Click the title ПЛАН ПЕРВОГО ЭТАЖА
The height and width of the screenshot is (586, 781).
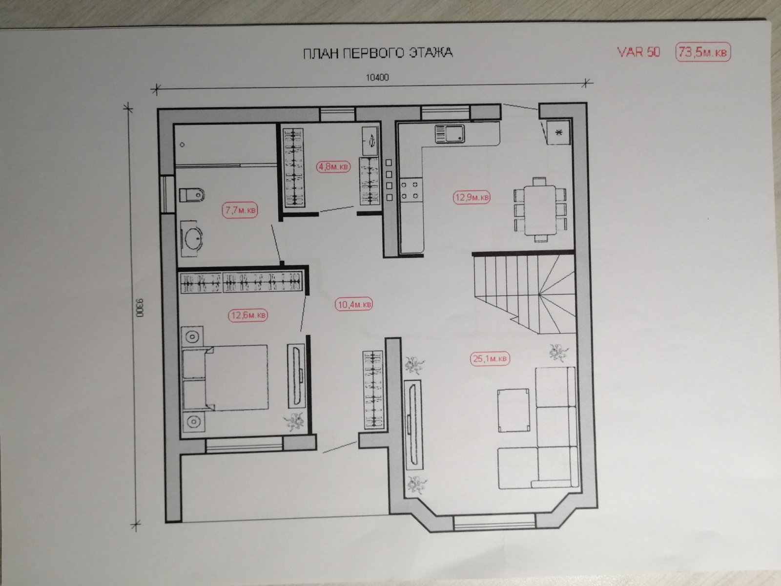click(x=378, y=53)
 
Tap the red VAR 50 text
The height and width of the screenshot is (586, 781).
click(x=638, y=52)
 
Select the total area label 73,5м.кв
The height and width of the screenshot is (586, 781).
click(x=703, y=52)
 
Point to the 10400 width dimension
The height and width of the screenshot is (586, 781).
click(x=377, y=77)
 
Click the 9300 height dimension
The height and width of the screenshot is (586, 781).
click(x=139, y=308)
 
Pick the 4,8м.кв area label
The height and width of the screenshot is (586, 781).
click(x=333, y=167)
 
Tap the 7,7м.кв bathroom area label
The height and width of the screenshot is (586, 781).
click(x=240, y=210)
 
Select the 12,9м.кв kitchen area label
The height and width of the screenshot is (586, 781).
click(x=472, y=197)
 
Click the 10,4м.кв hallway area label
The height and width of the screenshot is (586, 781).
click(x=354, y=305)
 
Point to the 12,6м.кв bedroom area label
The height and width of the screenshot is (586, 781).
click(x=248, y=315)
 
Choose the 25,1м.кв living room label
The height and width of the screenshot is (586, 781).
click(x=490, y=358)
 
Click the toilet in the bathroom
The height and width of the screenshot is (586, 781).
click(x=192, y=195)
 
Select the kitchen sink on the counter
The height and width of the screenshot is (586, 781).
click(x=450, y=134)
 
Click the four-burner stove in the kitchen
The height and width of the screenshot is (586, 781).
click(x=411, y=190)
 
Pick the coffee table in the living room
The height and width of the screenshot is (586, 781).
click(x=514, y=410)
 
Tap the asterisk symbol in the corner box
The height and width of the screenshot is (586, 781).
click(x=559, y=133)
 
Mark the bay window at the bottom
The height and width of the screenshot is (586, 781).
click(x=494, y=523)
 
